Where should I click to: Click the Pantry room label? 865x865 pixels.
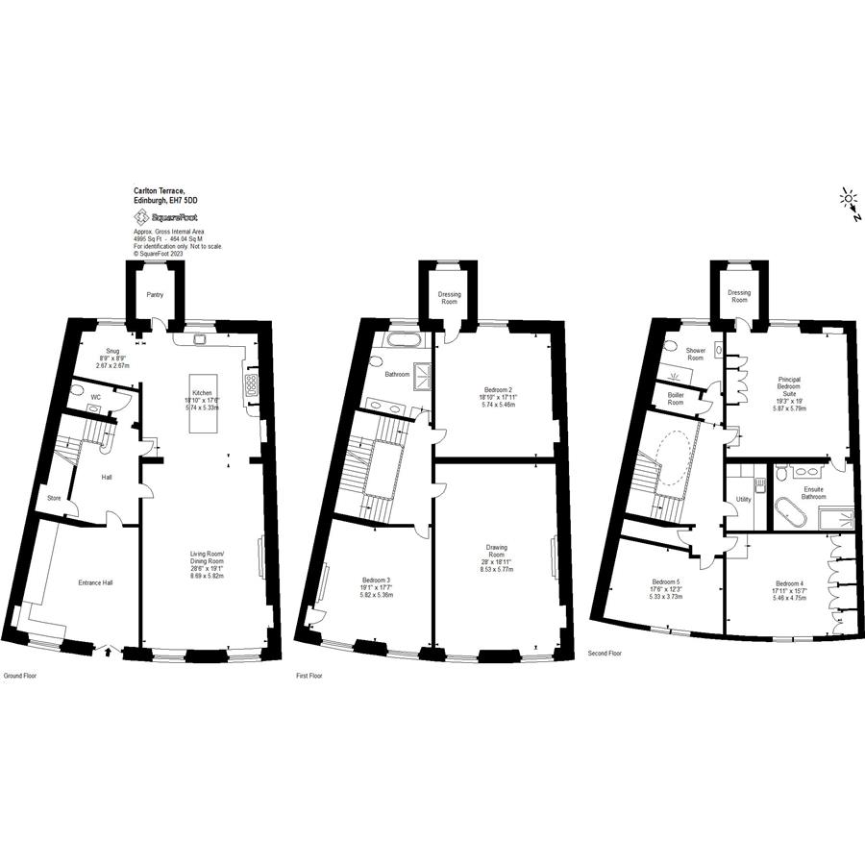[154, 295]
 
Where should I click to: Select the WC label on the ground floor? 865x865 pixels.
[95, 396]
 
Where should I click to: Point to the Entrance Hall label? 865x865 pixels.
[95, 582]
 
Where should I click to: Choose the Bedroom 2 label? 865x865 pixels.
[497, 395]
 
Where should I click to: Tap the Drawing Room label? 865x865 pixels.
[496, 555]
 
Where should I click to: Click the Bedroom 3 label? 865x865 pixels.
[376, 585]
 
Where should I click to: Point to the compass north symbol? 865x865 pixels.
[849, 202]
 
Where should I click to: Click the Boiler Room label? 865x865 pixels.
[676, 398]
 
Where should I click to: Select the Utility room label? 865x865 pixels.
[744, 500]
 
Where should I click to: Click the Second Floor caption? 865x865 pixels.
[605, 654]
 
